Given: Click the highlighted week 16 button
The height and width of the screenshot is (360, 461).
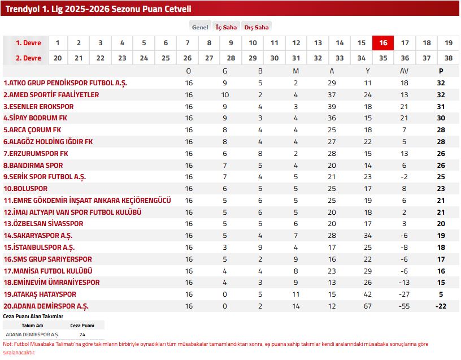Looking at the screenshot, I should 383,43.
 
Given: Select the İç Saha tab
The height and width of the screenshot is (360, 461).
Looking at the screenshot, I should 227,27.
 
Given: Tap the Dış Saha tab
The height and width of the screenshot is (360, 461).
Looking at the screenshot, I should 256,27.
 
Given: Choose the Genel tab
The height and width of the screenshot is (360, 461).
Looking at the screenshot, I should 200,27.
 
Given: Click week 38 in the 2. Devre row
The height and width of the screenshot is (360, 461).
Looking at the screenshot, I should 449,58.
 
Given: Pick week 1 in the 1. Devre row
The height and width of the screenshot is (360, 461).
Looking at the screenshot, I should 58,43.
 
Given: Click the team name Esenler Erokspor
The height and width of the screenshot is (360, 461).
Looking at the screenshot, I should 38,106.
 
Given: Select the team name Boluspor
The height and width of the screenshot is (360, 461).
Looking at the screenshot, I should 25,189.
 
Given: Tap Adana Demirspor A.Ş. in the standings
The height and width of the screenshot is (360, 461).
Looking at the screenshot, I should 46,306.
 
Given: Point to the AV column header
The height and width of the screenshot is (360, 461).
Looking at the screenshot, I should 404,71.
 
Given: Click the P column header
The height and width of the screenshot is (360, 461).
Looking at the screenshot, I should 441,71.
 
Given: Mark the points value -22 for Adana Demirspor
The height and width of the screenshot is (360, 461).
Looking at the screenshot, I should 441,306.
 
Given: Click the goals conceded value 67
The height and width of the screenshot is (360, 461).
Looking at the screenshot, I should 368,306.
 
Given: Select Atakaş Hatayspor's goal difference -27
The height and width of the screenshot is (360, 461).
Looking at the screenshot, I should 404,294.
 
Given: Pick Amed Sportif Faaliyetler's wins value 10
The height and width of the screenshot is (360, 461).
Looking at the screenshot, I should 225,95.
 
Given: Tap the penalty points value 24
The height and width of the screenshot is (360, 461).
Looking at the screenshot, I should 82,335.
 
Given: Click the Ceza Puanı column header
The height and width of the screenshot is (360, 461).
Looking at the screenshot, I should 82,326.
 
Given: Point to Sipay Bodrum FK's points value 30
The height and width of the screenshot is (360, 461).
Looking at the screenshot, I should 441,118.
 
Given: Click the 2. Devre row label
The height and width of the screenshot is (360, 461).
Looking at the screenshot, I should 28,58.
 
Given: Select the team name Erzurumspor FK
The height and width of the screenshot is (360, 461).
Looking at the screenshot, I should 36,154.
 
